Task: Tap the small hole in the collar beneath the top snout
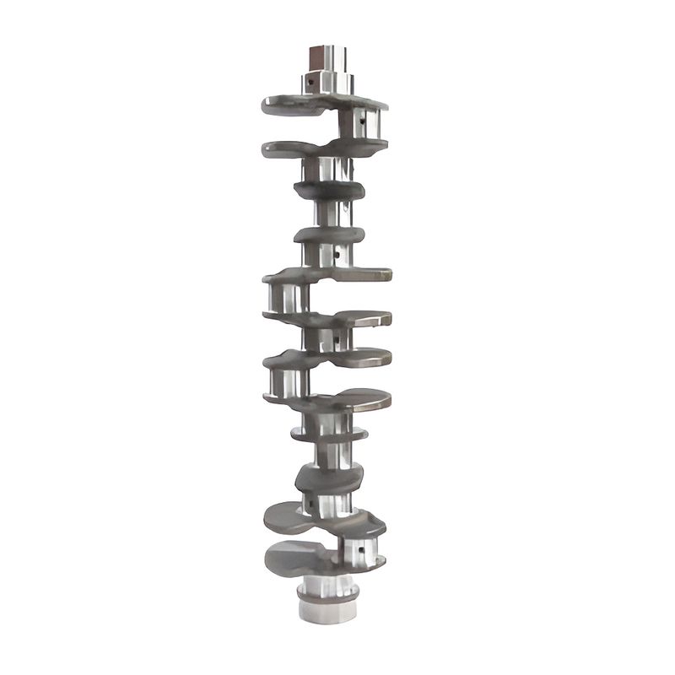point(311,82)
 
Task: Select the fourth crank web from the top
point(329,234)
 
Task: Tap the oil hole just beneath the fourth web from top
point(337,251)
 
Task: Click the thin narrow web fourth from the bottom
point(330,434)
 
